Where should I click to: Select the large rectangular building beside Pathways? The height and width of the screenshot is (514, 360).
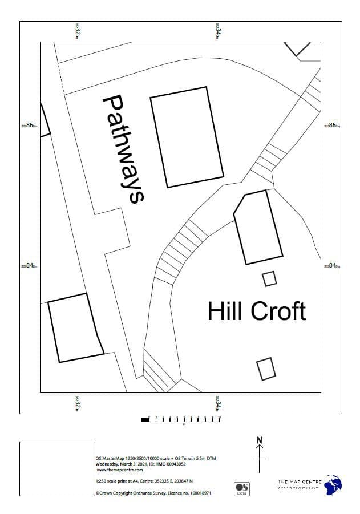click(x=187, y=137)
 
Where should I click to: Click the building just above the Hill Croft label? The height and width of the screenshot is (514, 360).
click(x=258, y=228)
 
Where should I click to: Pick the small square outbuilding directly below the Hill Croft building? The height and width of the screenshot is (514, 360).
click(x=269, y=278)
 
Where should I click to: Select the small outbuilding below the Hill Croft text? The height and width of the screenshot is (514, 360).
click(x=265, y=369)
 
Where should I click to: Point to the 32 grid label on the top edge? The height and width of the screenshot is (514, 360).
click(x=77, y=31)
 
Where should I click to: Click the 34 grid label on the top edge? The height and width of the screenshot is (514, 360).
click(x=218, y=31)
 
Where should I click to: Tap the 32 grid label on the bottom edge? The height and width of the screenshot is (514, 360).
click(x=77, y=403)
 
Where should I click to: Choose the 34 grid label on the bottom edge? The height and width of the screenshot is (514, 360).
click(x=218, y=403)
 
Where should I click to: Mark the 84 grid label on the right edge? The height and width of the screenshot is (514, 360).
click(x=332, y=265)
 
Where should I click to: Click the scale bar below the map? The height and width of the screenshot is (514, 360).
click(x=181, y=419)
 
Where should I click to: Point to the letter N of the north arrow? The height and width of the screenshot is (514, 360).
click(x=260, y=440)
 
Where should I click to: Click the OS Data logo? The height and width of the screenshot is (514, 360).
click(x=242, y=488)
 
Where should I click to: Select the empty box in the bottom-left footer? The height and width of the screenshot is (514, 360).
click(x=57, y=468)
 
